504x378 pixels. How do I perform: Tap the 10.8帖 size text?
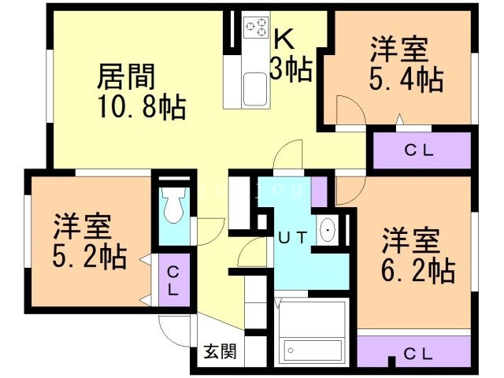142,107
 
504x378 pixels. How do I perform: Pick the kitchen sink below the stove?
254,86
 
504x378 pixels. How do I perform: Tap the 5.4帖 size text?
406,79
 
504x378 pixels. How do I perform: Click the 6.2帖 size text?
417,270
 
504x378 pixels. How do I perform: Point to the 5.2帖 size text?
89,257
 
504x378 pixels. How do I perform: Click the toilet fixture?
171,206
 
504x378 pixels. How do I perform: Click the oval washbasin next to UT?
327,231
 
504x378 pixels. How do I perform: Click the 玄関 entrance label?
221,351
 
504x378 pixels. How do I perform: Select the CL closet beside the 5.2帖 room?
172,280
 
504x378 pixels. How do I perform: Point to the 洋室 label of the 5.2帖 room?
82,227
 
